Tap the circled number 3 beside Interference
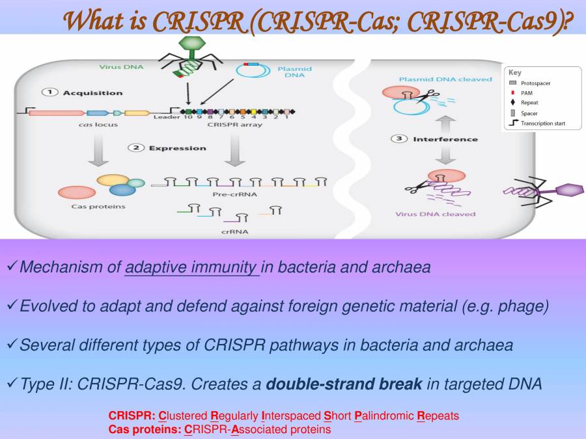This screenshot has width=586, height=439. pyautogui.click(x=399, y=139)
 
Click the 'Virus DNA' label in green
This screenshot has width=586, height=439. pyautogui.click(x=120, y=66)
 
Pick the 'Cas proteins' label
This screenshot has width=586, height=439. pyautogui.click(x=98, y=207)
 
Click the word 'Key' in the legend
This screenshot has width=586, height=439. pyautogui.click(x=514, y=73)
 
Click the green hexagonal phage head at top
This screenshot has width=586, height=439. pyautogui.click(x=191, y=42)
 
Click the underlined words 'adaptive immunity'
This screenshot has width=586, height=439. pyautogui.click(x=191, y=267)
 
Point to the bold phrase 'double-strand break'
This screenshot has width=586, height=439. pyautogui.click(x=344, y=384)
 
